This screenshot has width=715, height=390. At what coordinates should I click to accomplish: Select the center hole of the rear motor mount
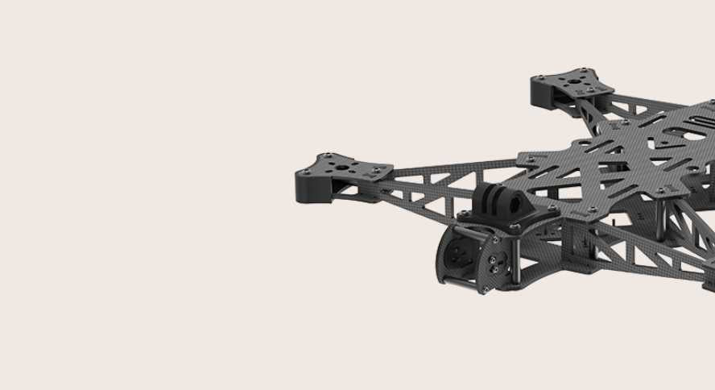click(x=572, y=81)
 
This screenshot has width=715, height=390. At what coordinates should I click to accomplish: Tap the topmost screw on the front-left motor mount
click(x=329, y=156)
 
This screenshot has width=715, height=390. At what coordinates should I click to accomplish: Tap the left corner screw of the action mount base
click(x=465, y=214)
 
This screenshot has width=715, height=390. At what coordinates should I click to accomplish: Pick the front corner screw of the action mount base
click(x=514, y=228)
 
